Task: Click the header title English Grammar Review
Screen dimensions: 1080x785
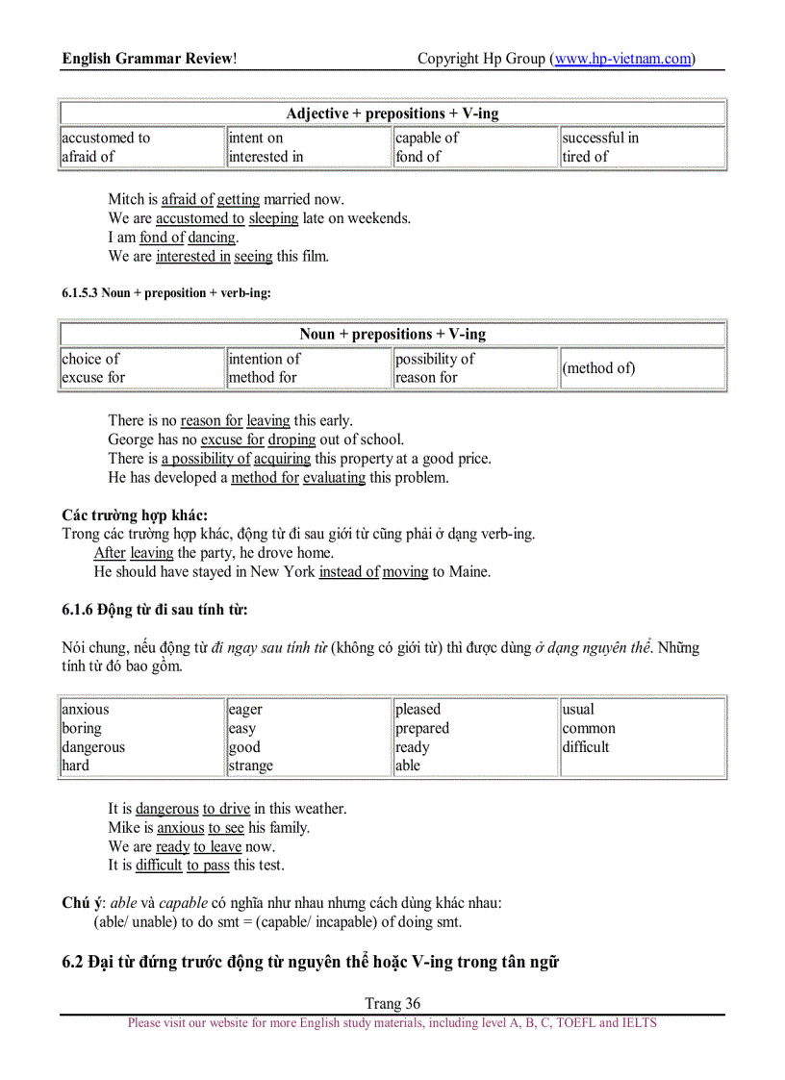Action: click(149, 59)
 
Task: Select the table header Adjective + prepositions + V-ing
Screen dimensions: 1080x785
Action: click(392, 113)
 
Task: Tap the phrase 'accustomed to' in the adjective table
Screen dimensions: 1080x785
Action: click(106, 138)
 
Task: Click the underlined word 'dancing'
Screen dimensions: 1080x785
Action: click(212, 238)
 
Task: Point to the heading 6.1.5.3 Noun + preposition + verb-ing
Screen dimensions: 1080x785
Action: click(166, 293)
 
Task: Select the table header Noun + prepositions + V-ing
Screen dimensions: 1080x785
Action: click(392, 335)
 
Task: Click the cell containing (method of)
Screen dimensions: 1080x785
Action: click(599, 368)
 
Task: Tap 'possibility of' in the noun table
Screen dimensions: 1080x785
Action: click(435, 359)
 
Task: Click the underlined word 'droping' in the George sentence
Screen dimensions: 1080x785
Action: click(291, 440)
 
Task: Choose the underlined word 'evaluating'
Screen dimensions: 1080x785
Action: click(334, 477)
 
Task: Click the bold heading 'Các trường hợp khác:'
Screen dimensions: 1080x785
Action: click(135, 515)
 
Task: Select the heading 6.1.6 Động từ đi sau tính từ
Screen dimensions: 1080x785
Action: click(155, 610)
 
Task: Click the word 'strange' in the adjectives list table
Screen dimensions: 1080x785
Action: click(251, 766)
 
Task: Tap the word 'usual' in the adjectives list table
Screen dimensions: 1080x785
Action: click(578, 710)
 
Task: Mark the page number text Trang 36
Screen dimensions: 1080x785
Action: click(392, 1003)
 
